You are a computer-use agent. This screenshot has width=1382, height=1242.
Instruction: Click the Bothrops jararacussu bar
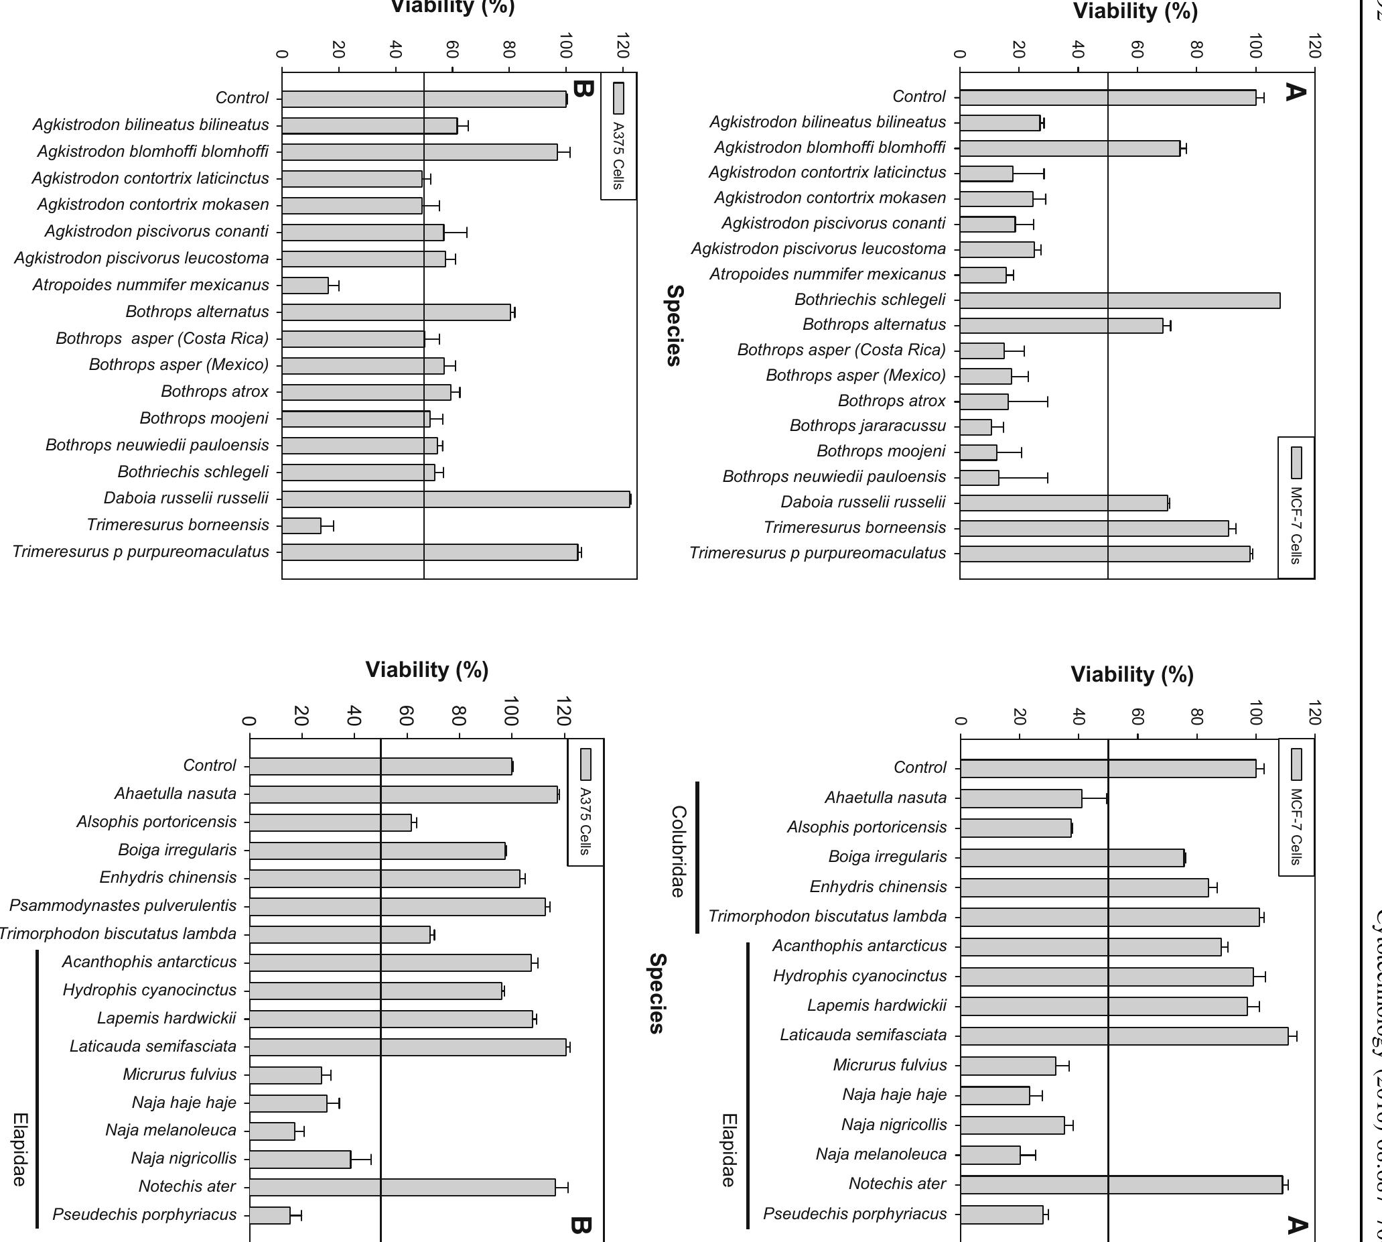pyautogui.click(x=975, y=427)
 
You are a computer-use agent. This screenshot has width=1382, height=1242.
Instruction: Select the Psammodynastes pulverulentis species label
pyautogui.click(x=123, y=906)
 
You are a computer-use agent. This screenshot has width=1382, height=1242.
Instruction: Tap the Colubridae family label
pyautogui.click(x=677, y=852)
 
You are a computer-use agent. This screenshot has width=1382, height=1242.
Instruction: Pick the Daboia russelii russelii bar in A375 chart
pyautogui.click(x=456, y=499)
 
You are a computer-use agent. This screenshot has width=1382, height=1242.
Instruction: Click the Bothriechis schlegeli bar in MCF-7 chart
pyautogui.click(x=1119, y=300)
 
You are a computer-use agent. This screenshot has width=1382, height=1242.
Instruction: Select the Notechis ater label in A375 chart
pyautogui.click(x=187, y=1187)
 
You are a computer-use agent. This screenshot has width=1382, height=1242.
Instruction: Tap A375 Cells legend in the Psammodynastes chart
pyautogui.click(x=585, y=802)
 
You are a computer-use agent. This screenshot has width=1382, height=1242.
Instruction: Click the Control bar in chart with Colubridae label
pyautogui.click(x=1108, y=768)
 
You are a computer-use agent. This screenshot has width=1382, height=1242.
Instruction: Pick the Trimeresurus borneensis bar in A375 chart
pyautogui.click(x=301, y=525)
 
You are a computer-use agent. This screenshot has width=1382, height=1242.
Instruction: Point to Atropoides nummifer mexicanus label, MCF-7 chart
pyautogui.click(x=827, y=274)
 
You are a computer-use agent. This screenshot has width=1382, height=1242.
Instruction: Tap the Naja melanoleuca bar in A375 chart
pyautogui.click(x=272, y=1131)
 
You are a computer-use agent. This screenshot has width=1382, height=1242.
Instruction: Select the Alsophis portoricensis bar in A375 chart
pyautogui.click(x=330, y=822)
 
